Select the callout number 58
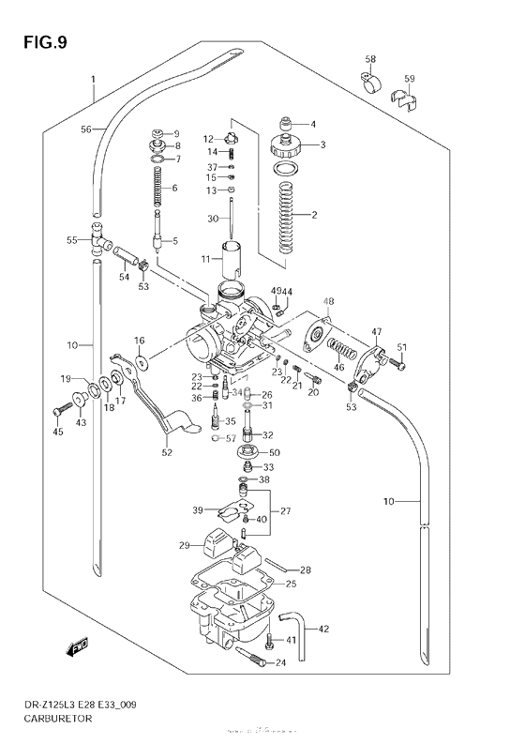(370, 60)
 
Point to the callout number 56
(85, 129)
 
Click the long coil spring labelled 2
(289, 214)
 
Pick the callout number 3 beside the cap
(322, 144)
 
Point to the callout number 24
(280, 663)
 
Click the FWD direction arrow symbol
(74, 647)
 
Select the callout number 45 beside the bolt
(57, 433)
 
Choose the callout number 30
(212, 218)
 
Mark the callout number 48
(328, 301)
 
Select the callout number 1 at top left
(93, 79)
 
